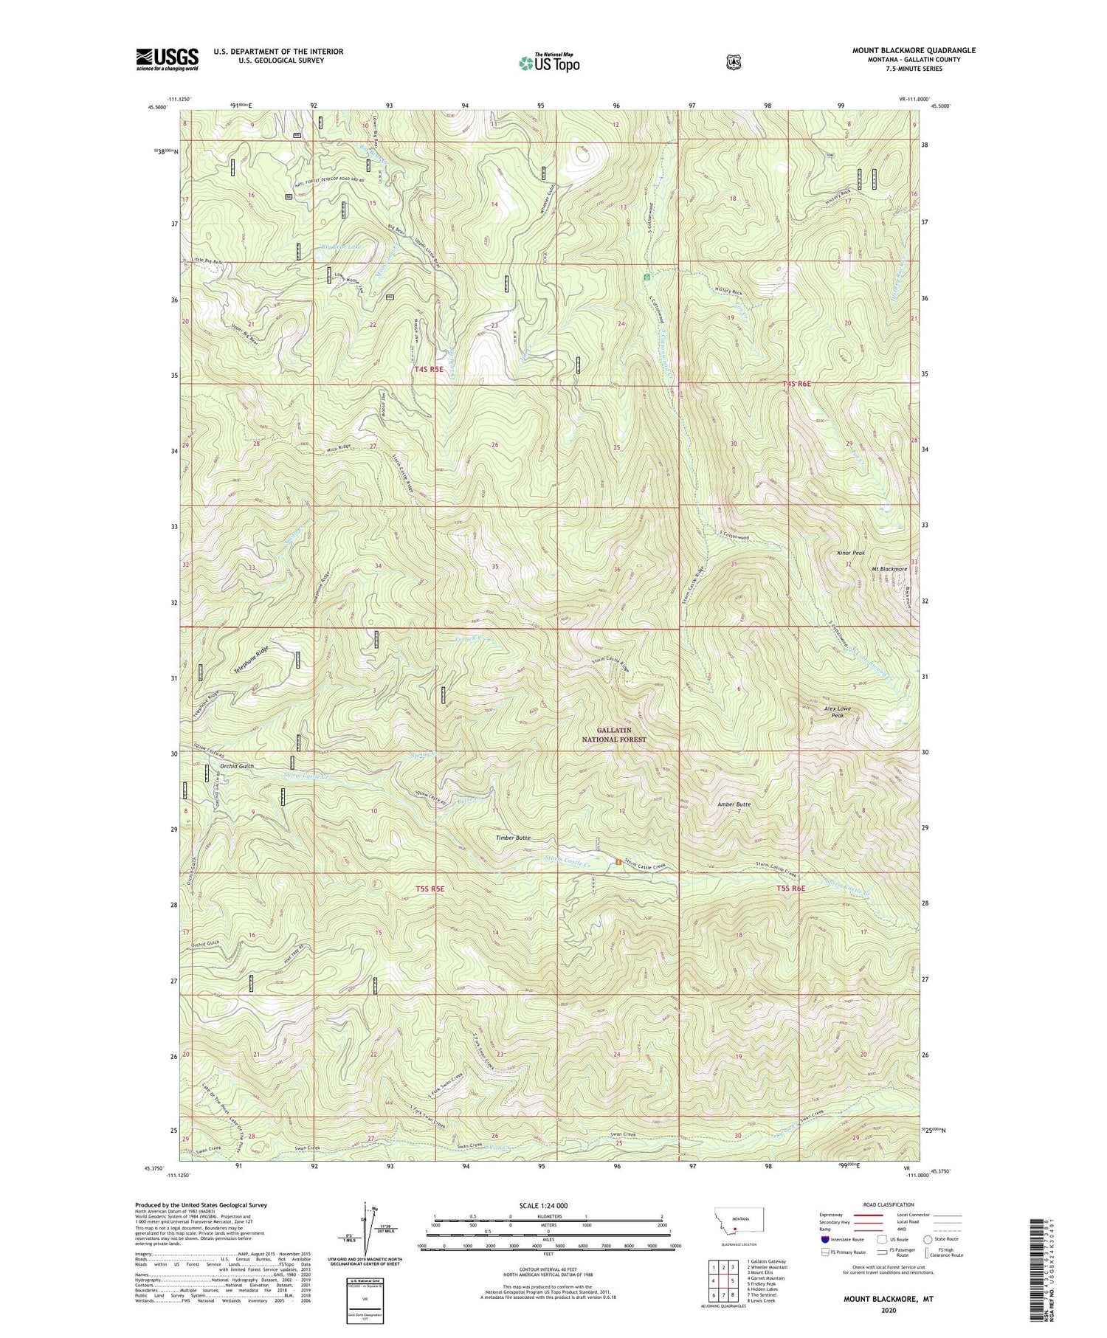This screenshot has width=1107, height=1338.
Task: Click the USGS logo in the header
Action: pos(167,59)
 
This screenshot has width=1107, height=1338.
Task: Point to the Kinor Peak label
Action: pos(850,552)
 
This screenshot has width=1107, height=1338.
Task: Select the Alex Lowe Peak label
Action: pos(838,711)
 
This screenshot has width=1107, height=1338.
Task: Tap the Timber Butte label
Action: pos(512,838)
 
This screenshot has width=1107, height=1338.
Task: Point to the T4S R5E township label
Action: pos(430,370)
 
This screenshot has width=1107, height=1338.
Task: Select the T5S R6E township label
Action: pos(790,889)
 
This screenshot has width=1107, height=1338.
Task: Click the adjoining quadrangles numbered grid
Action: pos(722,1278)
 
